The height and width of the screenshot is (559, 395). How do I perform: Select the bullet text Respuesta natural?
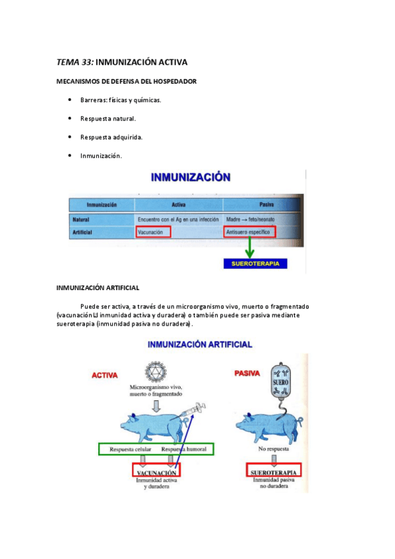[108, 119]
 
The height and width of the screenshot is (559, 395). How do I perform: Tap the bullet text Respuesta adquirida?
[111, 137]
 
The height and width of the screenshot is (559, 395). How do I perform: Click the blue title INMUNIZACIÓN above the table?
[191, 177]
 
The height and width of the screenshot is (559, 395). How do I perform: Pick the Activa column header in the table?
[177, 205]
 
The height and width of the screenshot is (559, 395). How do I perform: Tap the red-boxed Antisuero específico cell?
[250, 231]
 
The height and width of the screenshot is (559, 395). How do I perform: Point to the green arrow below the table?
[250, 250]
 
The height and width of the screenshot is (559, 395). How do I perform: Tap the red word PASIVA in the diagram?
[247, 373]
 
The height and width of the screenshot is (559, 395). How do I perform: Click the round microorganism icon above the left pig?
[157, 372]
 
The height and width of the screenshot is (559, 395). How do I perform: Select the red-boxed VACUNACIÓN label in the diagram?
[156, 473]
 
